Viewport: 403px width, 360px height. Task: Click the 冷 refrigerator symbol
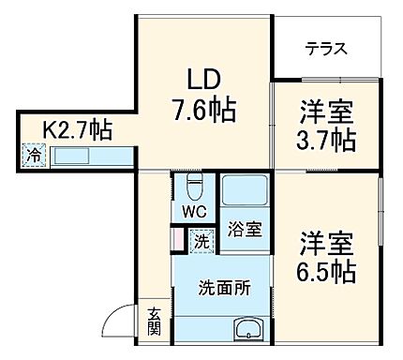coord(34,156)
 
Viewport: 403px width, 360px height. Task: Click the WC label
coord(194,211)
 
